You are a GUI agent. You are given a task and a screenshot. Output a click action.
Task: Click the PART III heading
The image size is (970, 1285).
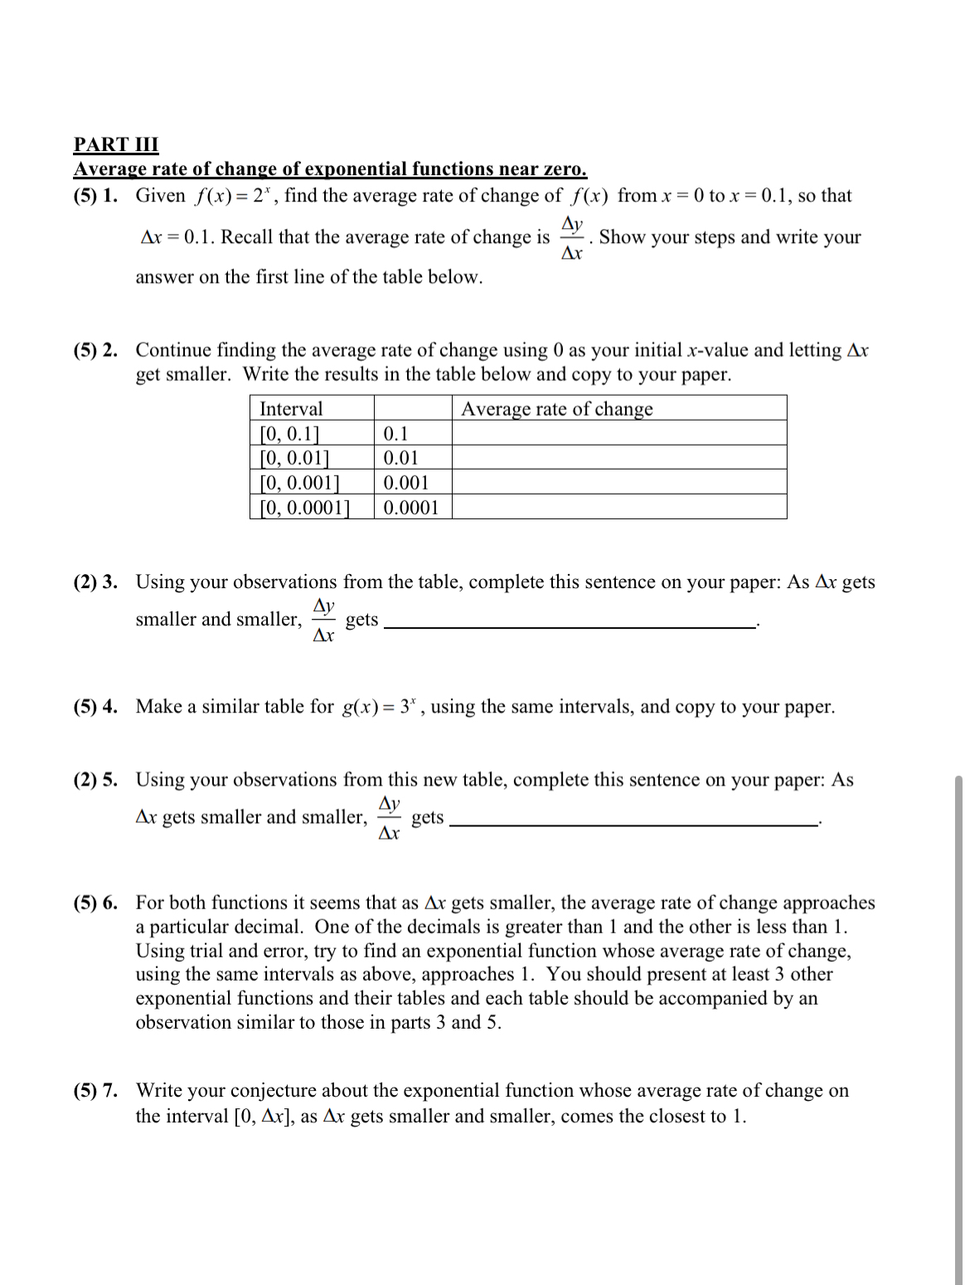tap(115, 144)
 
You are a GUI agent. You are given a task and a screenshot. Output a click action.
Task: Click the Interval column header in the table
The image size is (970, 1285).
tap(291, 408)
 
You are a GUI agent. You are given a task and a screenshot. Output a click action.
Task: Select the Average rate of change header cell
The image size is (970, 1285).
tap(556, 408)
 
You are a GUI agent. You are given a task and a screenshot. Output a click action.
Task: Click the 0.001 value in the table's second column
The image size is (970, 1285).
tap(406, 482)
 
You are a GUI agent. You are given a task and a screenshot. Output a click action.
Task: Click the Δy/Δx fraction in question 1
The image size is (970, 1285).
tap(572, 237)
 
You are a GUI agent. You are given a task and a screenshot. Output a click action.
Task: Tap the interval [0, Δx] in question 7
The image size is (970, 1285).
tap(264, 1116)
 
